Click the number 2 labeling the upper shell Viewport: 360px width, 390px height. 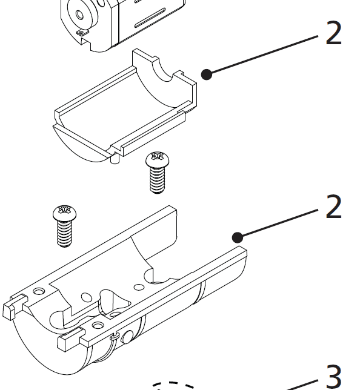tap(333, 33)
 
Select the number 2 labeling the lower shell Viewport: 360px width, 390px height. tap(333, 208)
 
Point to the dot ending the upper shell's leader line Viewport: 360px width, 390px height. tap(207, 74)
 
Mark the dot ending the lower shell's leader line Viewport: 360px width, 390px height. tap(238, 236)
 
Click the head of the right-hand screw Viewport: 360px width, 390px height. tap(156, 160)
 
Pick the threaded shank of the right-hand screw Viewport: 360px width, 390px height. tap(157, 179)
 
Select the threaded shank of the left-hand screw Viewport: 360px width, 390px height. tap(64, 233)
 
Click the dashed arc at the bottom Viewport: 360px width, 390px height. tap(173, 385)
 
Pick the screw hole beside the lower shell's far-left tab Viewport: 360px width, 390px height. tap(39, 292)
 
